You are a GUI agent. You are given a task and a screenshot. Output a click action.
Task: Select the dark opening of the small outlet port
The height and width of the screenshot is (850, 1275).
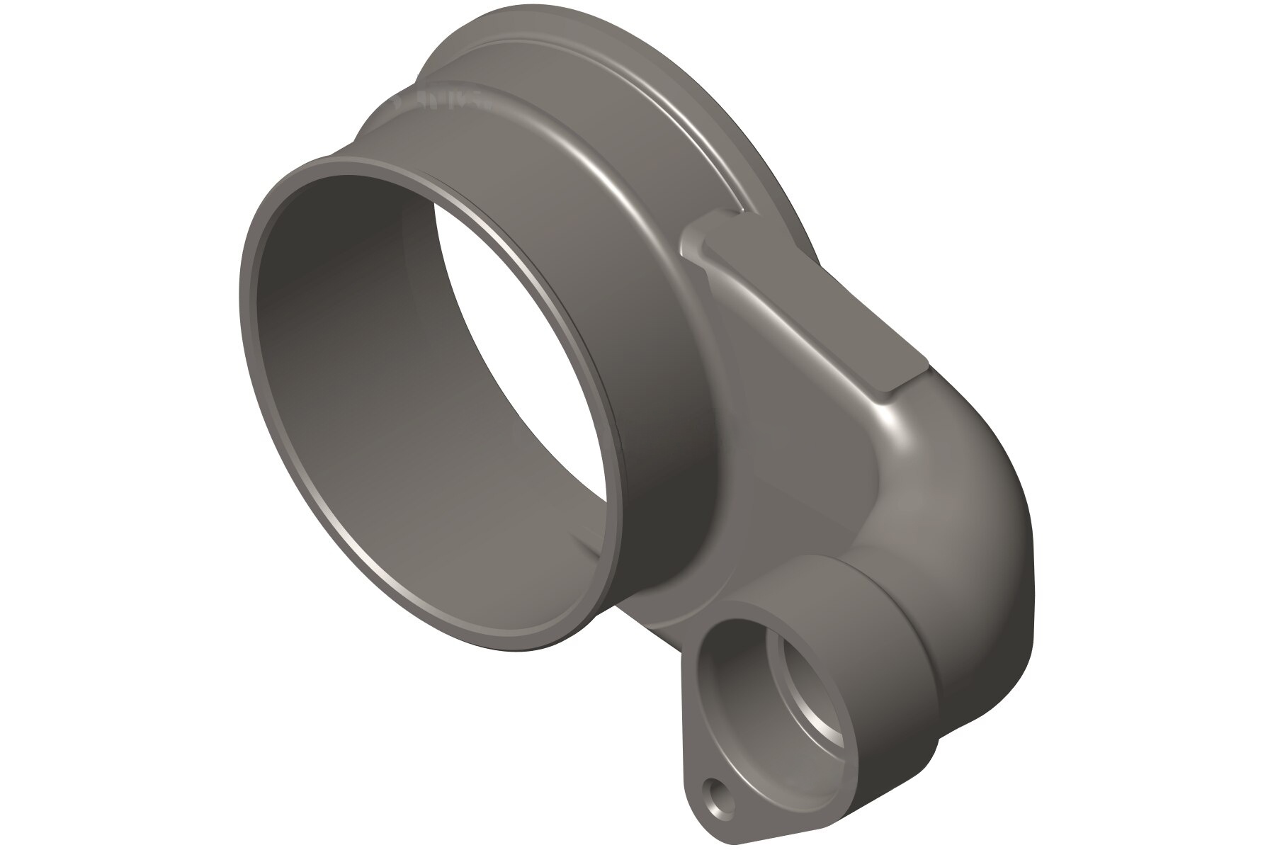click(751, 680)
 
